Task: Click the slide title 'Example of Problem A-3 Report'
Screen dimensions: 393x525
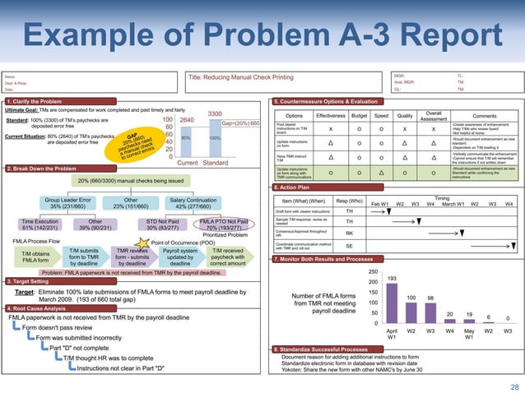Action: (x=262, y=37)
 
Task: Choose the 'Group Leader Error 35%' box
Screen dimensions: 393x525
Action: (x=67, y=202)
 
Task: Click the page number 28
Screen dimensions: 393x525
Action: (x=514, y=386)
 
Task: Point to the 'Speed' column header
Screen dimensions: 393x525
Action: (x=381, y=115)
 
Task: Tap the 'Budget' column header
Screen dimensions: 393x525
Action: (x=359, y=115)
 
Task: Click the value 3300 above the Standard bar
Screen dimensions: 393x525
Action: (x=214, y=113)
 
